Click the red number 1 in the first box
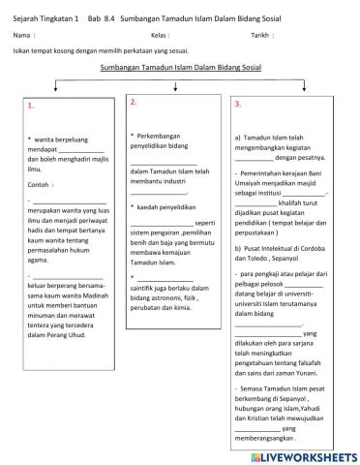[x=30, y=106]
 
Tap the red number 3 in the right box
[x=237, y=104]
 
